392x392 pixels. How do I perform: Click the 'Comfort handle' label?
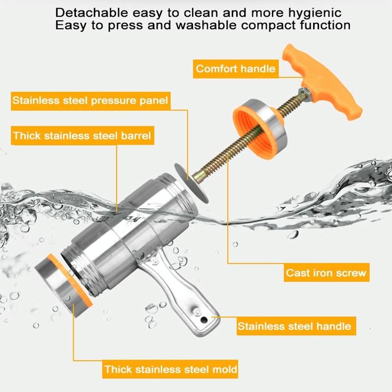tap(236, 69)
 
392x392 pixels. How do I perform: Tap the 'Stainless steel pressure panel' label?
tap(91, 101)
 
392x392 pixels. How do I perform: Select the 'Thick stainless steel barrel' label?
tap(82, 136)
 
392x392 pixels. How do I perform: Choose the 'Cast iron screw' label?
tap(326, 272)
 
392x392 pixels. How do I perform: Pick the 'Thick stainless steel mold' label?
tap(170, 369)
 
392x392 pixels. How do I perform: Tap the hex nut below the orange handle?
tap(305, 94)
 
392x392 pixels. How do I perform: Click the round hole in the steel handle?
tap(204, 319)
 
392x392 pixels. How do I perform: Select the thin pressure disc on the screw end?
tap(192, 183)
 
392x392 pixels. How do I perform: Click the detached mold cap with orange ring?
tap(64, 285)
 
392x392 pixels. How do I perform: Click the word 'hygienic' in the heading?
tap(315, 13)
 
